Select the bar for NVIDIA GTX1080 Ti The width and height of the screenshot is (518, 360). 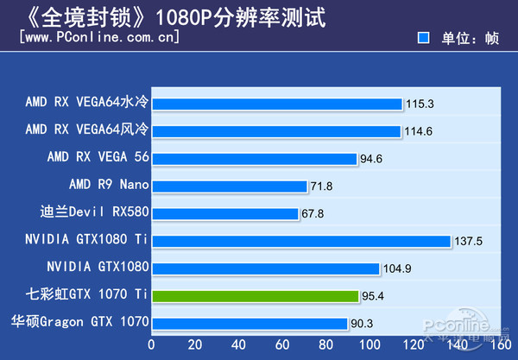tap(302, 241)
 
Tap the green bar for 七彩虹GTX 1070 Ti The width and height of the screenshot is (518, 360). tap(256, 296)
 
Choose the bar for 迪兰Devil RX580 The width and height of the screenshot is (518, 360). tap(225, 213)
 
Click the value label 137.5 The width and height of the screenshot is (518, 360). tap(470, 241)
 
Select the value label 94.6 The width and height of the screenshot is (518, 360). tap(374, 159)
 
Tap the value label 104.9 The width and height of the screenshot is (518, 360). tap(396, 268)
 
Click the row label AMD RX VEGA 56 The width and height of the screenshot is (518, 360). tap(98, 158)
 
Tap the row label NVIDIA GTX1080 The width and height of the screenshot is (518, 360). tap(98, 268)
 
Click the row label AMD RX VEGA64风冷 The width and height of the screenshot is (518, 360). tap(87, 130)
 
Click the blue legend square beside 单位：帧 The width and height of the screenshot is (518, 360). tap(423, 38)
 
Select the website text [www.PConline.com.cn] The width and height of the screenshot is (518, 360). tap(98, 38)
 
